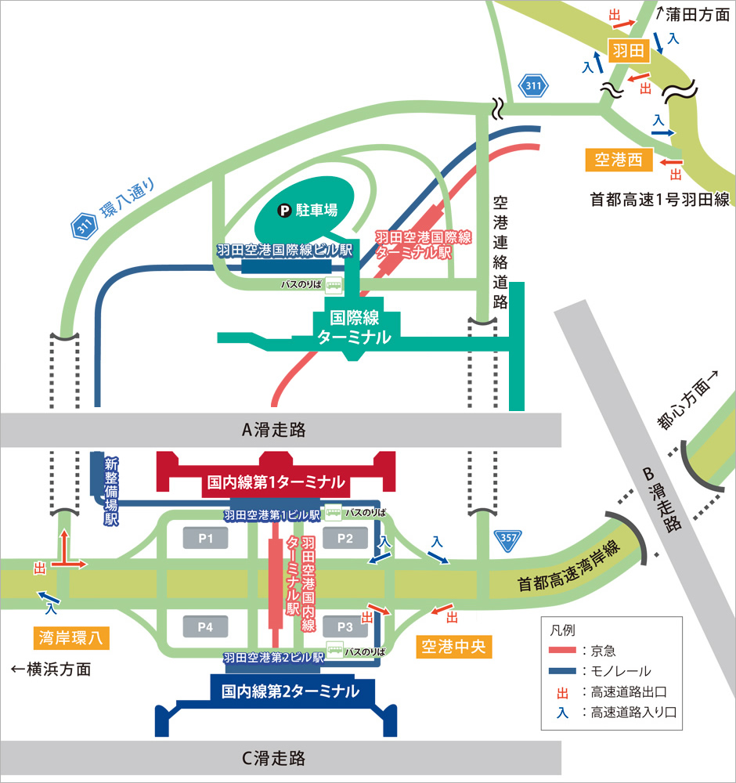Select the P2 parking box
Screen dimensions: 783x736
click(x=345, y=538)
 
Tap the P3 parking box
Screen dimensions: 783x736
click(x=345, y=626)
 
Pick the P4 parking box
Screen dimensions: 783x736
click(x=206, y=626)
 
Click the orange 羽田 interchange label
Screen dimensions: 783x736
click(x=627, y=52)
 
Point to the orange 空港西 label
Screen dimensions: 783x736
click(x=619, y=161)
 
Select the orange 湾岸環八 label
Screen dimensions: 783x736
click(x=70, y=638)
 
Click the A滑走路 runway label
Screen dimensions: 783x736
click(x=273, y=429)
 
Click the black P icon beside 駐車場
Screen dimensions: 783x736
click(x=287, y=210)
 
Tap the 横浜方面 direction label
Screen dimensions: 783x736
click(x=52, y=669)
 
